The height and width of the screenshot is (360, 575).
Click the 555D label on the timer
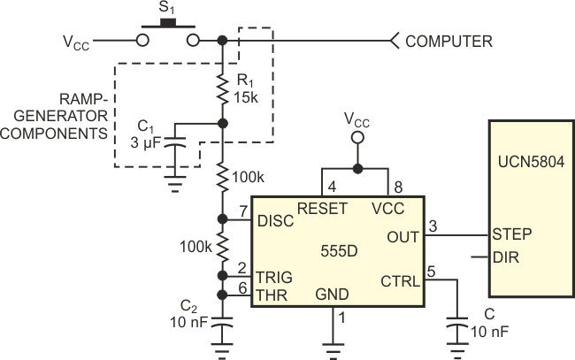point(339,250)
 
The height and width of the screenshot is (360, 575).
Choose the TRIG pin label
point(275,276)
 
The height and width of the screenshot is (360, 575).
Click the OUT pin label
point(403,236)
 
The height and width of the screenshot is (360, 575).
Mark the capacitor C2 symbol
point(222,327)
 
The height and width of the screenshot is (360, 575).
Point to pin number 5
point(431,271)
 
